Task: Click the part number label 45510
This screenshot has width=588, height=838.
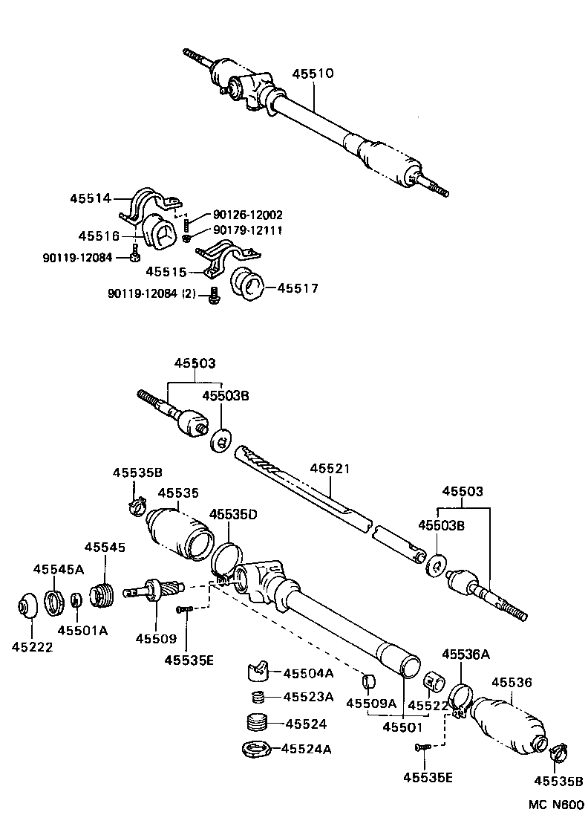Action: pos(313,74)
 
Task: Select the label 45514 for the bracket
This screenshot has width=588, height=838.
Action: pos(91,198)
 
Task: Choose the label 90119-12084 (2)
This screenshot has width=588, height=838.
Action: pos(152,294)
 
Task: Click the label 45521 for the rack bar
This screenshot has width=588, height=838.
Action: pos(329,469)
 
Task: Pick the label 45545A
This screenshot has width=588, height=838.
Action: pos(58,569)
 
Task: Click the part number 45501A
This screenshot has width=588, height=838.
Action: pos(83,631)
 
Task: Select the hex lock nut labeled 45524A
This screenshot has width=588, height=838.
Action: pos(255,748)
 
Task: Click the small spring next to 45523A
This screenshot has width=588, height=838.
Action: pos(257,697)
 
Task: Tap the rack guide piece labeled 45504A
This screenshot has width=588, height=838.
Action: pos(257,672)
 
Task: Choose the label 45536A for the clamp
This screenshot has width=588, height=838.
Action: pos(465,654)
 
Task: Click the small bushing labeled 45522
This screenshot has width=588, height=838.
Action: pos(434,681)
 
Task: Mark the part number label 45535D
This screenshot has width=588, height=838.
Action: pos(233,514)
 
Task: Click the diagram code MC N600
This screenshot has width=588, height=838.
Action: pos(557,805)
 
